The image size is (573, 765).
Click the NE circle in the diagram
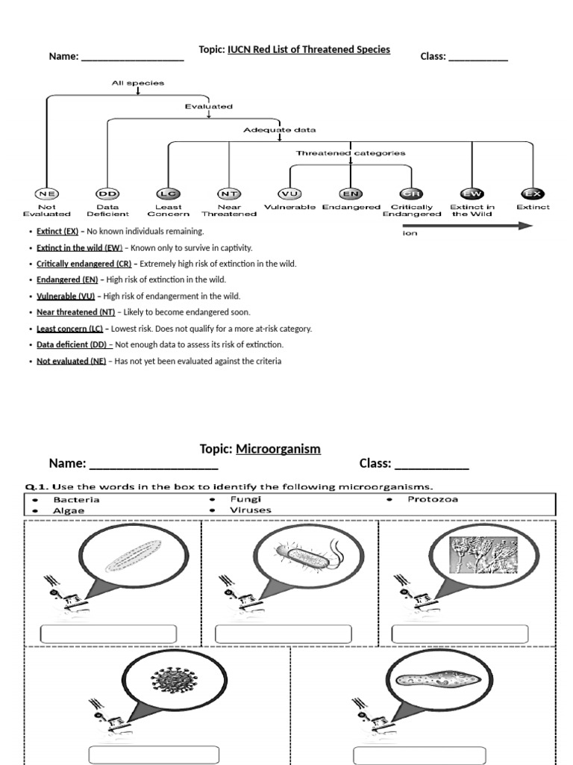pos(46,194)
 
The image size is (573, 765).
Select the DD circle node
pos(107,194)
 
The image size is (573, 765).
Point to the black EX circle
pos(533,194)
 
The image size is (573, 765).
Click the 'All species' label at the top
pos(137,83)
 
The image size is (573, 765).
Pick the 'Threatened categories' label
pos(351,153)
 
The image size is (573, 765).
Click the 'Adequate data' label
pos(279,130)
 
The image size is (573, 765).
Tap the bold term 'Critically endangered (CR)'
pos(84,264)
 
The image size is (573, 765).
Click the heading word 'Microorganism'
pos(278,449)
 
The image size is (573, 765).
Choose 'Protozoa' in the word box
pos(433,499)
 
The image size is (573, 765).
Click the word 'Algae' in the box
pos(69,510)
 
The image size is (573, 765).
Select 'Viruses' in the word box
pos(251,510)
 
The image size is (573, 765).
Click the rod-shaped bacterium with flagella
pos(306,557)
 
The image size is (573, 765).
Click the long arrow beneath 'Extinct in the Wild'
pos(467,226)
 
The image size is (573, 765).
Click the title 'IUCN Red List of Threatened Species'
pos(308,49)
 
